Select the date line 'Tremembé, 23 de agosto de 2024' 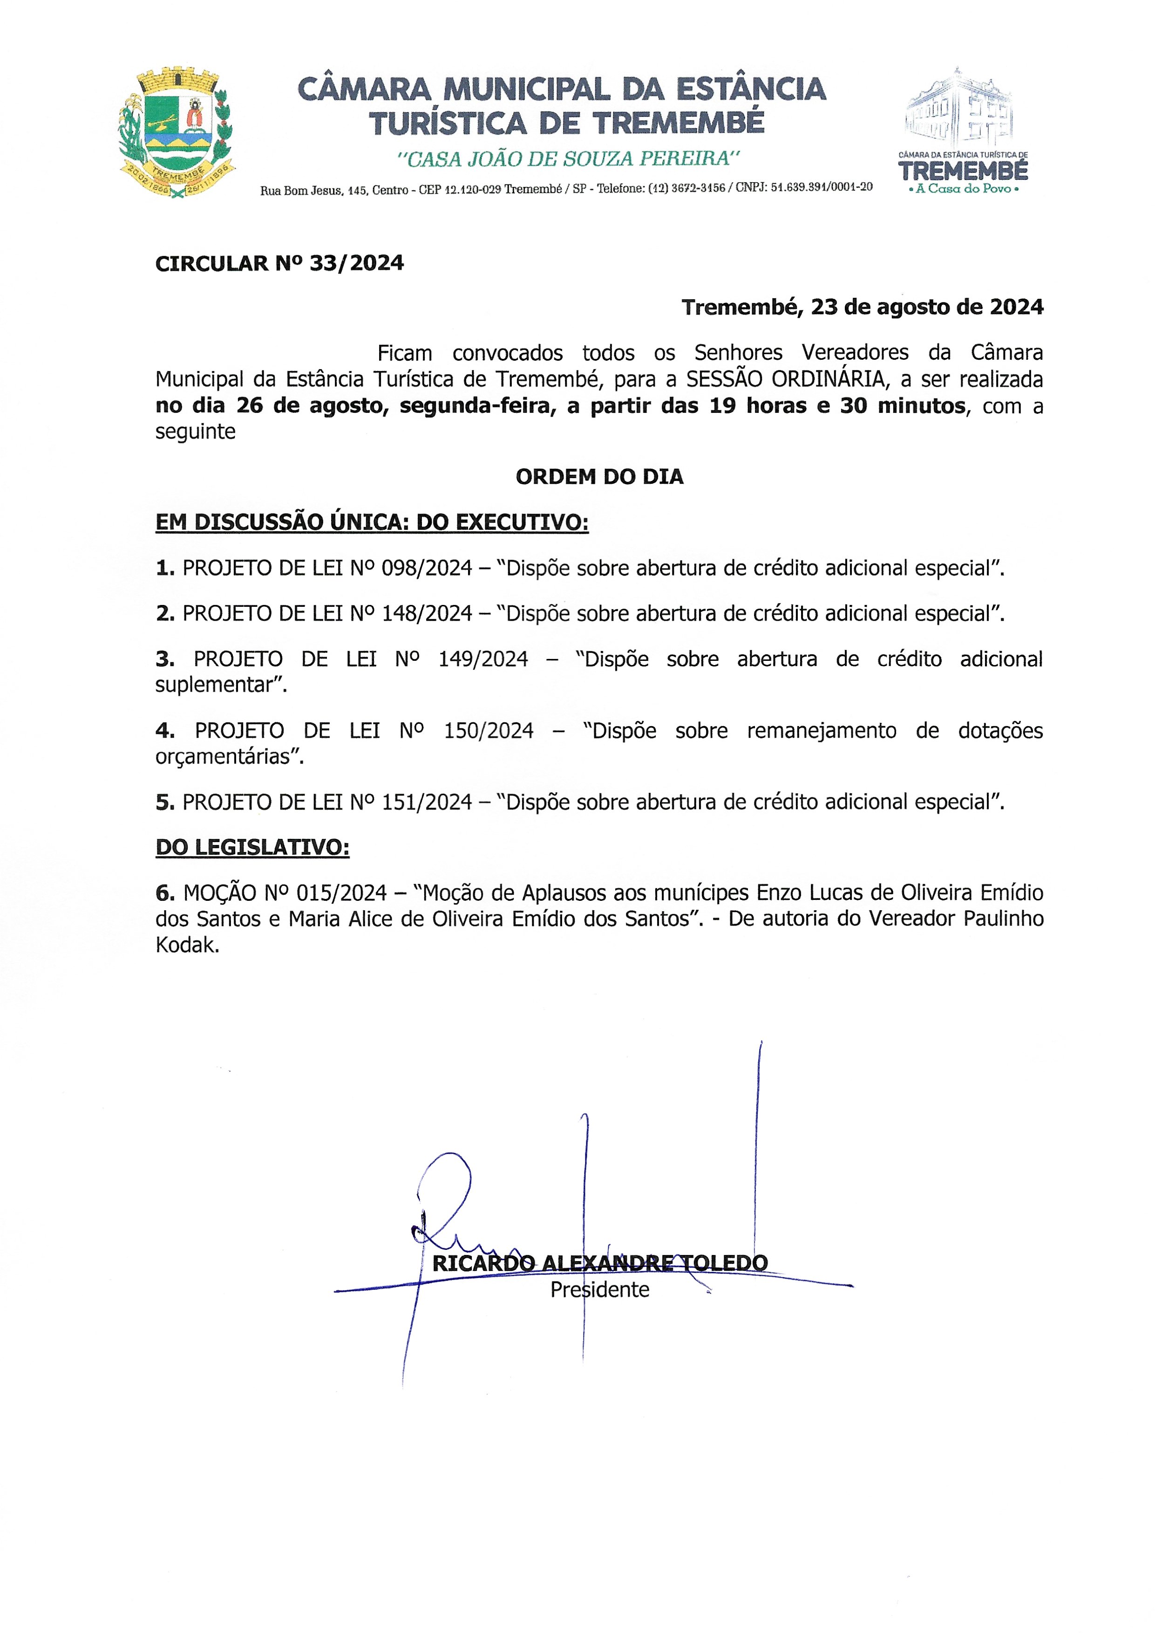[x=862, y=308]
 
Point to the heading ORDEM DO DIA [x=599, y=477]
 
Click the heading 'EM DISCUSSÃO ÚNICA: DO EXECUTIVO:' [x=372, y=523]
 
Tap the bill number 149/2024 [x=483, y=659]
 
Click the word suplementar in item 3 [x=220, y=685]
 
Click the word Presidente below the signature [x=599, y=1290]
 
